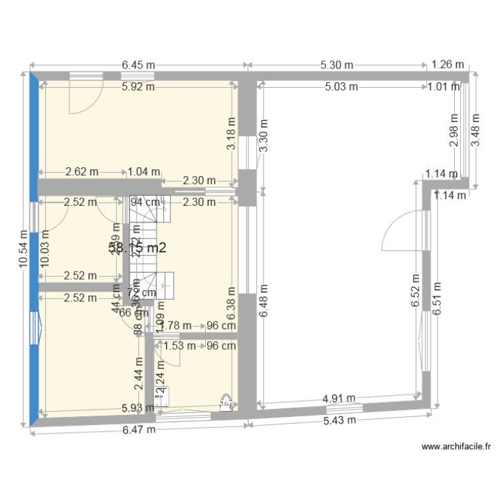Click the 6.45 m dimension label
coord(138,65)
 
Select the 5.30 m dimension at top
coord(337,65)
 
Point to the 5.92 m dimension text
coord(137,86)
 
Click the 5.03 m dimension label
coord(341,86)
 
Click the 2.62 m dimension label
coord(82,171)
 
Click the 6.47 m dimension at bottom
coord(139,429)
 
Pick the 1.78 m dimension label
coord(177,325)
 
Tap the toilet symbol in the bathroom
coord(226,401)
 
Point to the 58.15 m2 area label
coord(137,247)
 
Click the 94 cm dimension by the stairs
coord(145,202)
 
